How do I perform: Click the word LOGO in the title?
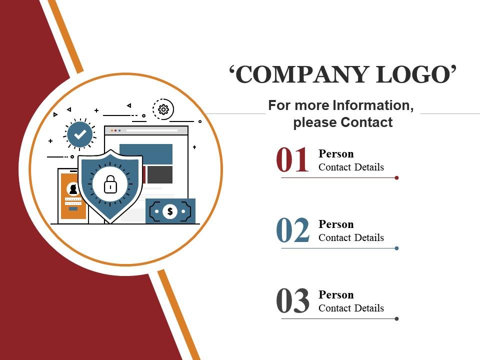point(412,74)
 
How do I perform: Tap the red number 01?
point(292,160)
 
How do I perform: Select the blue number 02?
point(292,230)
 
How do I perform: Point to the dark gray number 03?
point(292,300)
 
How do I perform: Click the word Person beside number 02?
point(336,224)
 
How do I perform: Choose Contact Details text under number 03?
point(351,308)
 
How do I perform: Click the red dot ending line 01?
point(396,178)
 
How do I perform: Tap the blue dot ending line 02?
point(396,248)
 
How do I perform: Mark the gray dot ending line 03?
point(396,318)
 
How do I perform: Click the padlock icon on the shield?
point(110,184)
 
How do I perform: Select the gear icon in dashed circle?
point(163,109)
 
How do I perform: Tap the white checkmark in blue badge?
point(80,134)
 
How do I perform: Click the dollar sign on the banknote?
point(170,211)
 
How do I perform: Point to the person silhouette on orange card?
point(73,189)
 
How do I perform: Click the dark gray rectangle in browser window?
point(160,175)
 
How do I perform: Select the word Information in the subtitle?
point(373,105)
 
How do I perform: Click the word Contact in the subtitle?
point(366,122)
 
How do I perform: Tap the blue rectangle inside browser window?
point(146,154)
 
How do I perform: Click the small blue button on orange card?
point(73,209)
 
